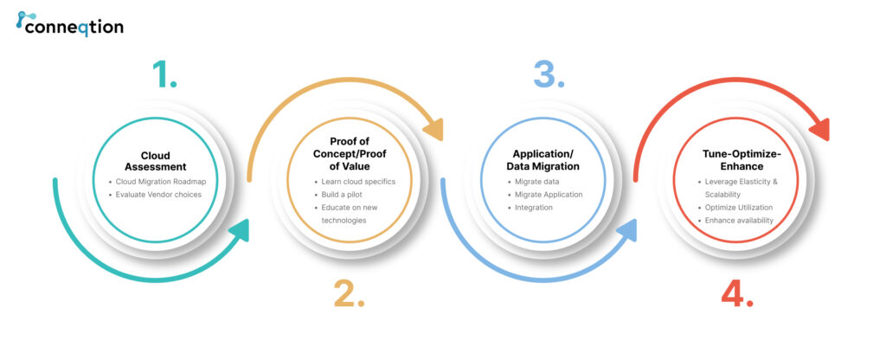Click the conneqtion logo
coord(69,23)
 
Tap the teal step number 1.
coord(164,74)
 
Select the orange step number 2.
coord(350,293)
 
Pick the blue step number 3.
coord(549,74)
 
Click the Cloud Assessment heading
coord(156,161)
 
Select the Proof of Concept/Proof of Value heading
coord(350,154)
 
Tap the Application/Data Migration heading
coord(543,160)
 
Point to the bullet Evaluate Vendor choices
coord(155,195)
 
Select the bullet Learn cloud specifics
coord(355,182)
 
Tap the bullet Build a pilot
coord(338,195)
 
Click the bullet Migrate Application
coord(545,195)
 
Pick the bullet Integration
coord(530,208)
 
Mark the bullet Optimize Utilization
coord(735,208)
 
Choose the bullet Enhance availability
coord(735,221)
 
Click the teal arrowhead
coord(241,230)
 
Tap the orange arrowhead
coord(433,130)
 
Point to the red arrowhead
coord(819,130)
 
